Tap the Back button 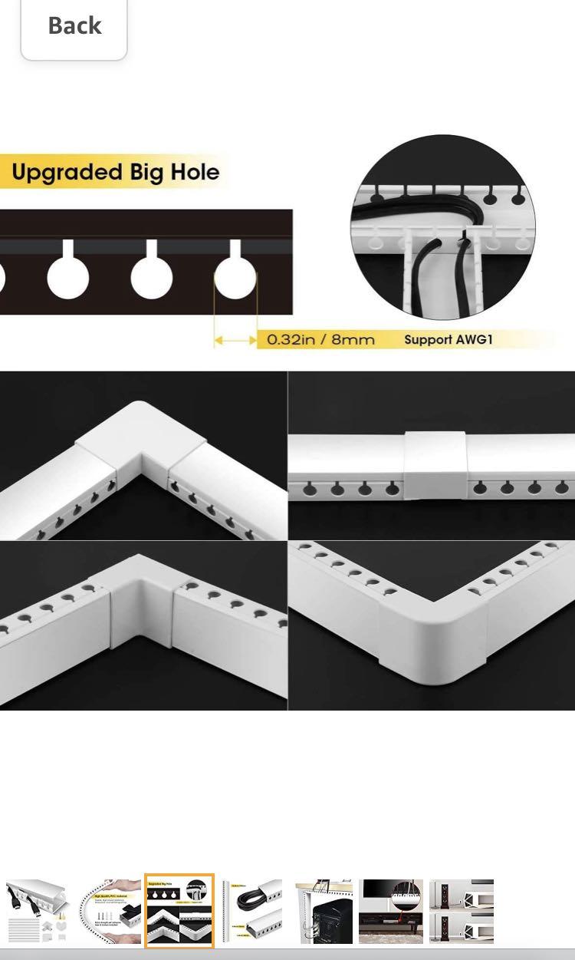click(74, 26)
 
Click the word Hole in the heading click(195, 172)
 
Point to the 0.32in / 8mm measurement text click(320, 339)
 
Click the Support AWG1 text click(448, 339)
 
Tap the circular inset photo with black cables click(443, 228)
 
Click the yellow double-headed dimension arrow click(235, 339)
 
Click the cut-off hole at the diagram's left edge click(2, 278)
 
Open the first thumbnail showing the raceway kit click(37, 911)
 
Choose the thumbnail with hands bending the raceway click(108, 911)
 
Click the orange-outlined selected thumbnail click(179, 911)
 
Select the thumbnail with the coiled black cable click(251, 911)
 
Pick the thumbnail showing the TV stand click(391, 911)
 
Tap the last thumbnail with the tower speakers click(462, 911)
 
